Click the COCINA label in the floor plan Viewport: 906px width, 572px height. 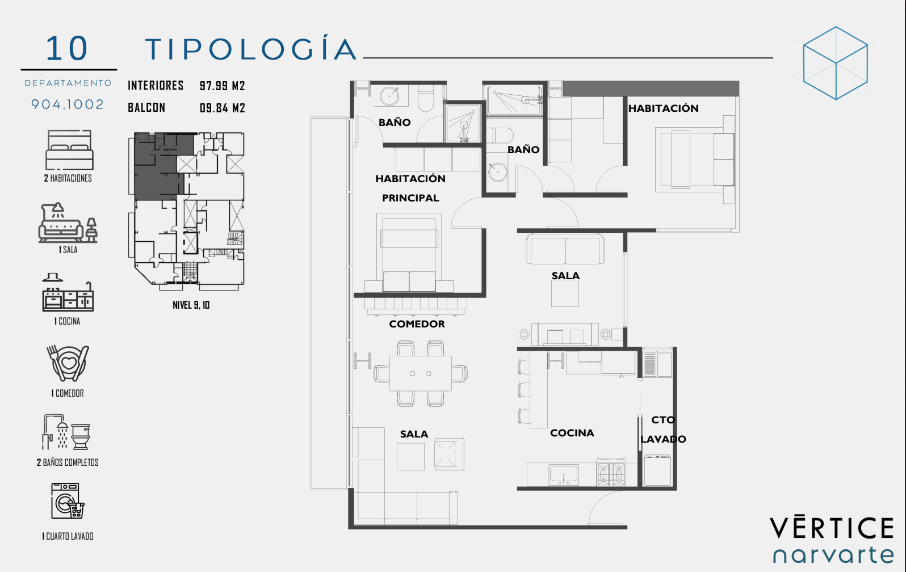[x=572, y=433]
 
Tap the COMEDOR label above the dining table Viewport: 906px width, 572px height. [x=417, y=324]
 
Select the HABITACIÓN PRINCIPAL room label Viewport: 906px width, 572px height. [x=410, y=188]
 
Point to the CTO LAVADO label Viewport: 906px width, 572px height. [x=663, y=430]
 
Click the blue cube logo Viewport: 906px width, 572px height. [x=836, y=63]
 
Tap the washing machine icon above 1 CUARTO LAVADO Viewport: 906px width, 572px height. [x=68, y=500]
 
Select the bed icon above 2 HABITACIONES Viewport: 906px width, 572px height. [x=70, y=150]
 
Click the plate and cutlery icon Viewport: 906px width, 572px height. [x=68, y=363]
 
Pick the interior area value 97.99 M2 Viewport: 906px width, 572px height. [x=223, y=86]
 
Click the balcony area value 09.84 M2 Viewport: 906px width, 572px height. [x=223, y=108]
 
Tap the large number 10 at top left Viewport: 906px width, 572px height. [x=67, y=48]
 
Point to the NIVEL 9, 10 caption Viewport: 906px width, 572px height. [x=191, y=305]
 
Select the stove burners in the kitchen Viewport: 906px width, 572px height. [x=611, y=472]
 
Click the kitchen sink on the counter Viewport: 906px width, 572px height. [x=564, y=474]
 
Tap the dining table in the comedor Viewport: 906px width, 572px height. [x=420, y=373]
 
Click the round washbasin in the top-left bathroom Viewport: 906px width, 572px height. [x=389, y=96]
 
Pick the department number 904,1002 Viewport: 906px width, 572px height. [x=68, y=104]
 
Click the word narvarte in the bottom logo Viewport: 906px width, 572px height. [x=833, y=556]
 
